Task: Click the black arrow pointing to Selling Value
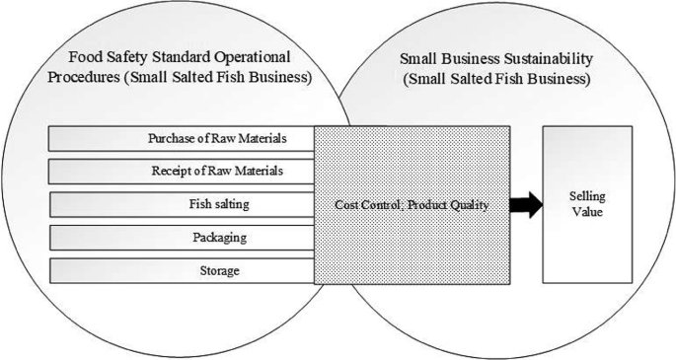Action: point(527,205)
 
